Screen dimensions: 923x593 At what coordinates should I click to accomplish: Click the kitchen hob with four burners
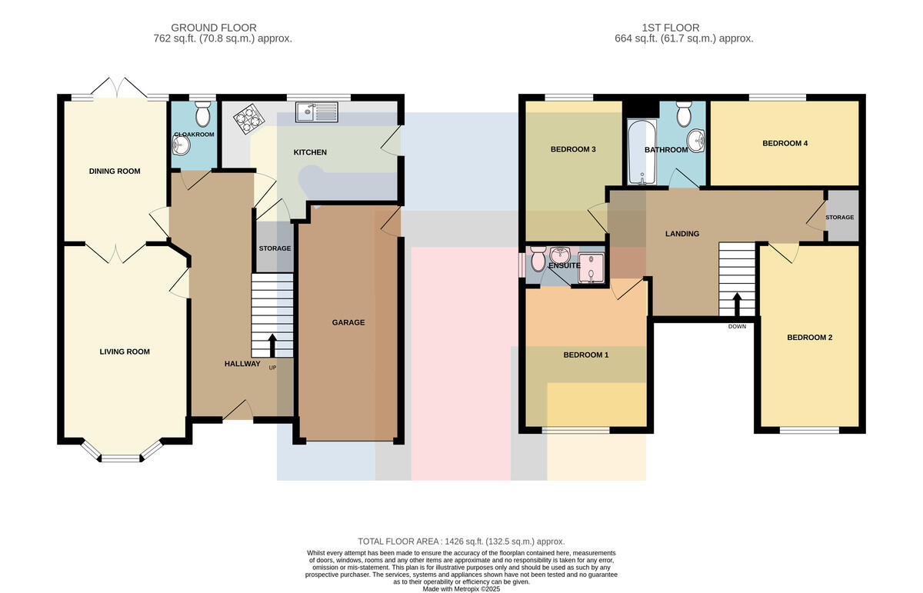pyautogui.click(x=249, y=118)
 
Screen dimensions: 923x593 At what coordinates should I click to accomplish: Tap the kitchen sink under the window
pyautogui.click(x=316, y=112)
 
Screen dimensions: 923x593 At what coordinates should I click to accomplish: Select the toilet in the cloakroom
pyautogui.click(x=202, y=114)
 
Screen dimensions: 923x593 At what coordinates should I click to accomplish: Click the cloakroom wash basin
pyautogui.click(x=181, y=145)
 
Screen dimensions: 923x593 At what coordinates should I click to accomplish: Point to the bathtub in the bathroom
pyautogui.click(x=641, y=152)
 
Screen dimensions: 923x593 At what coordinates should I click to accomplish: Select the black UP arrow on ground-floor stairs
pyautogui.click(x=272, y=345)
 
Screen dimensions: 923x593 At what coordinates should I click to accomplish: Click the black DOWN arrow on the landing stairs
pyautogui.click(x=737, y=304)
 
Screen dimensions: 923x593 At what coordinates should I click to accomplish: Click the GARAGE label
pyautogui.click(x=348, y=322)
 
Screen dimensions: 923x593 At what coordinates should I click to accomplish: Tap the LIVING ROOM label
pyautogui.click(x=125, y=351)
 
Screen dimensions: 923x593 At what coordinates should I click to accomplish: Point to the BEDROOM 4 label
pyautogui.click(x=785, y=143)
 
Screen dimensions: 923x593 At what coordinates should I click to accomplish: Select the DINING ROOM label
pyautogui.click(x=115, y=171)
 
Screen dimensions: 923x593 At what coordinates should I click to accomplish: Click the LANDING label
pyautogui.click(x=682, y=234)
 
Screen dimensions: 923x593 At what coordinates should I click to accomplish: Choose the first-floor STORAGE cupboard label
pyautogui.click(x=840, y=217)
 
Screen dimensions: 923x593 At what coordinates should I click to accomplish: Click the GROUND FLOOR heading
pyautogui.click(x=214, y=28)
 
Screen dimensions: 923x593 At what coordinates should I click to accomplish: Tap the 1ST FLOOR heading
pyautogui.click(x=671, y=28)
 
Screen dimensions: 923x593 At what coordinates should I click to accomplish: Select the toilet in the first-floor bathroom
pyautogui.click(x=684, y=114)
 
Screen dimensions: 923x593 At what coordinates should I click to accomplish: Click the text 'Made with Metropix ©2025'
pyautogui.click(x=461, y=589)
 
